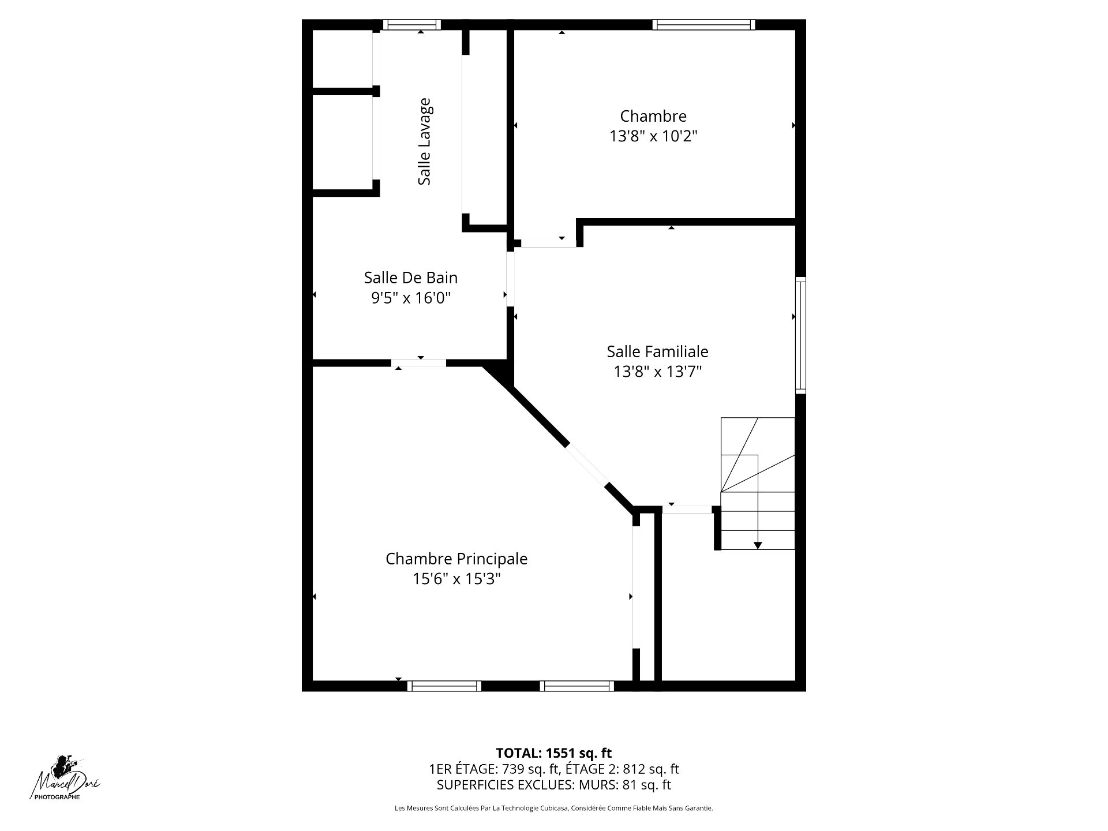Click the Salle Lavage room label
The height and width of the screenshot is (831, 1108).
(x=424, y=141)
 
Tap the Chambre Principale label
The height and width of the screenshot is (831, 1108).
(x=456, y=559)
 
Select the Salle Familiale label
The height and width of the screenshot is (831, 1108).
(x=657, y=351)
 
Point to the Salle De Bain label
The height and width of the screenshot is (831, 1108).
(x=411, y=278)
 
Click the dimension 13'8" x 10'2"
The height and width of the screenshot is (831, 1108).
(x=654, y=136)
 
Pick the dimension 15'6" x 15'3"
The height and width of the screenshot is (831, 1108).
(x=456, y=579)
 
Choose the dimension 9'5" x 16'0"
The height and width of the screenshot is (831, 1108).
(x=411, y=298)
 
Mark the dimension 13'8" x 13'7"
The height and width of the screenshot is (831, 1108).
(x=657, y=371)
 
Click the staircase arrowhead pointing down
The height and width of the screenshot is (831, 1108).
(x=758, y=545)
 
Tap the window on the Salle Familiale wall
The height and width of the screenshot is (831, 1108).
(x=800, y=335)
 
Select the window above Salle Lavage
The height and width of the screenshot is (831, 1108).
(x=411, y=25)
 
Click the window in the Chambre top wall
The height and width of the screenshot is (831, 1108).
(x=703, y=25)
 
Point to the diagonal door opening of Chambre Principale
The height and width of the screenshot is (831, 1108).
(x=587, y=466)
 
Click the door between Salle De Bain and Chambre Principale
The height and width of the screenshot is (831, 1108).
(x=419, y=363)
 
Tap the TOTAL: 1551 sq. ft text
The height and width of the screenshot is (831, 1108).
(x=554, y=753)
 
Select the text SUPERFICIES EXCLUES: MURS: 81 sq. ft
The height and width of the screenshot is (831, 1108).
(x=554, y=785)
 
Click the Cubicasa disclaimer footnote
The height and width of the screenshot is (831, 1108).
(x=554, y=808)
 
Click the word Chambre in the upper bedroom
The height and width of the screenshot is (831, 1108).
(x=653, y=116)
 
